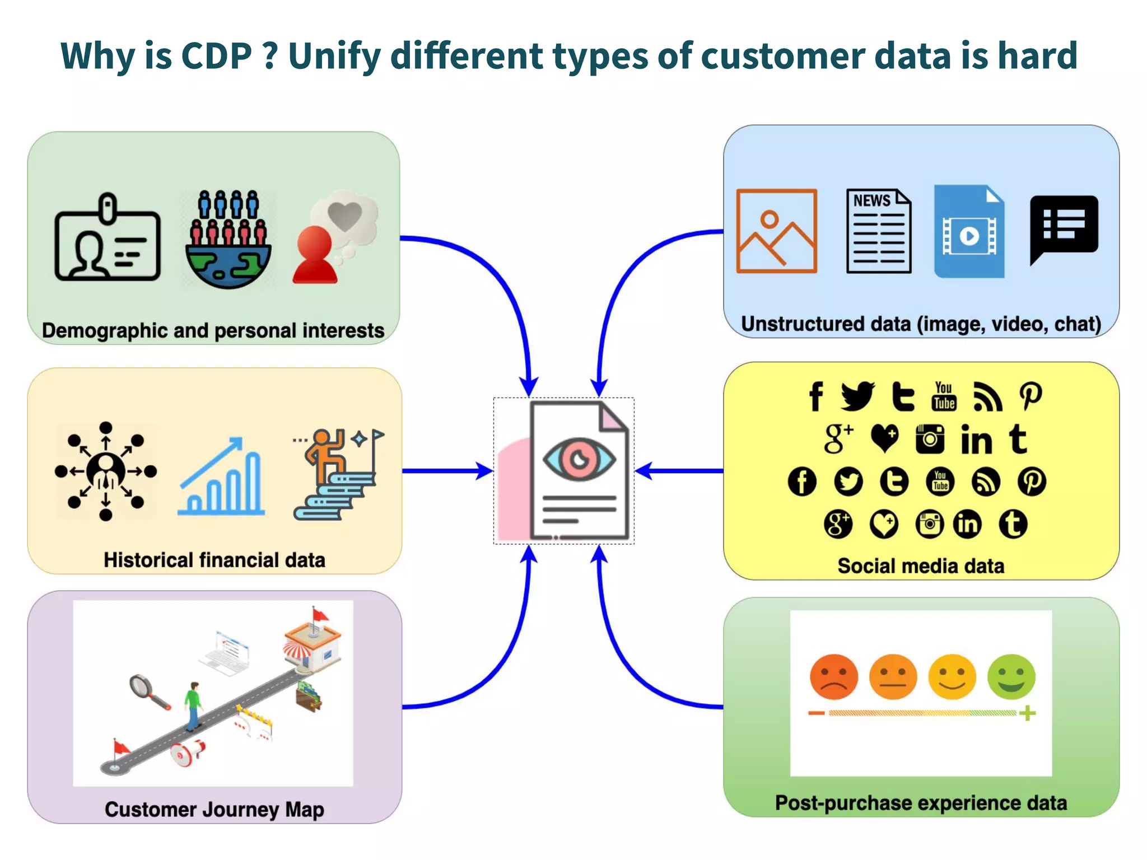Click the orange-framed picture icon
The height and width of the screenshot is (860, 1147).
pos(776,231)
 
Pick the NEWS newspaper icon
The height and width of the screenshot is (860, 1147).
pos(878,231)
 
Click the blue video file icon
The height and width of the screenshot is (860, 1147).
pos(969,231)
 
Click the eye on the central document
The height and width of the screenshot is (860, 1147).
pos(579,460)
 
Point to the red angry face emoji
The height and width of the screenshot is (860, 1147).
pos(834,676)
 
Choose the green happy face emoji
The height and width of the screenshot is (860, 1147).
pos(1011,676)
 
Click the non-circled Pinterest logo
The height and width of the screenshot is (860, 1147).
pos(1031,396)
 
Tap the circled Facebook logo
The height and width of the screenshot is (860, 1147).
pos(802,482)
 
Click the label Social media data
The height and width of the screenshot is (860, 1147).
pos(921,566)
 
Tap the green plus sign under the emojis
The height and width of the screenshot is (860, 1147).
pos(1027,713)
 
